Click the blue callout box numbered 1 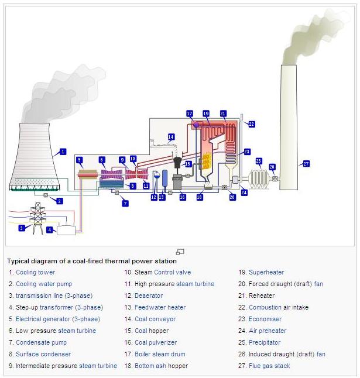[63, 152]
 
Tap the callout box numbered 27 [306, 164]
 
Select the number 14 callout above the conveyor [171, 137]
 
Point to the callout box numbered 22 [252, 124]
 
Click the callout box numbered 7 [125, 204]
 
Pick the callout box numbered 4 [50, 230]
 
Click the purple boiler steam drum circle [196, 125]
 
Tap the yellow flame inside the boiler [207, 160]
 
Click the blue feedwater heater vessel [164, 178]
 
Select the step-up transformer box [66, 230]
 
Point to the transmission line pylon [37, 218]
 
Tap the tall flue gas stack [289, 128]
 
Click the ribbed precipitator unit [259, 179]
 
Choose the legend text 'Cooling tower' [36, 272]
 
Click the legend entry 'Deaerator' [149, 295]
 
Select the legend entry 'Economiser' [265, 319]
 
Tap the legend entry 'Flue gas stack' [269, 366]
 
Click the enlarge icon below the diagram [180, 252]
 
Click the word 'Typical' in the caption [16, 261]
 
